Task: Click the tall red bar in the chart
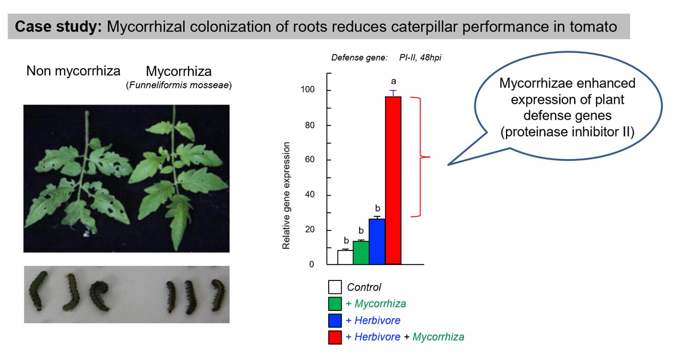393,181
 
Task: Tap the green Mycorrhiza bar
361,253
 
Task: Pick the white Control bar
345,257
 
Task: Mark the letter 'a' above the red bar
393,81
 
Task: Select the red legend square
334,337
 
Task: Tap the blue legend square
334,320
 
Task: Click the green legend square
334,304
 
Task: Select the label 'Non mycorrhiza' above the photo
73,71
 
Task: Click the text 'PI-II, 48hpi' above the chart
420,58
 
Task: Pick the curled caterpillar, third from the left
99,295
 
